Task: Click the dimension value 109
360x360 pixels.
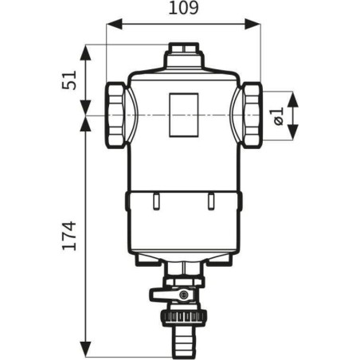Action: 183,9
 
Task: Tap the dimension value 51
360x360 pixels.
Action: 69,80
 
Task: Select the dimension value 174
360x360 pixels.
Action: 69,236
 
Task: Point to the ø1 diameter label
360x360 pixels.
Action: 278,115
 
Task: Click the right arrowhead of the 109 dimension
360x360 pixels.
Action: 252,24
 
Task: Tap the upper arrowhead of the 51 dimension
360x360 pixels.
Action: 85,53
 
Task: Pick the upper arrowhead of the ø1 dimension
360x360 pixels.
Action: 292,100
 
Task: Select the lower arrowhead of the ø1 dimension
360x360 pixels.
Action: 292,131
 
